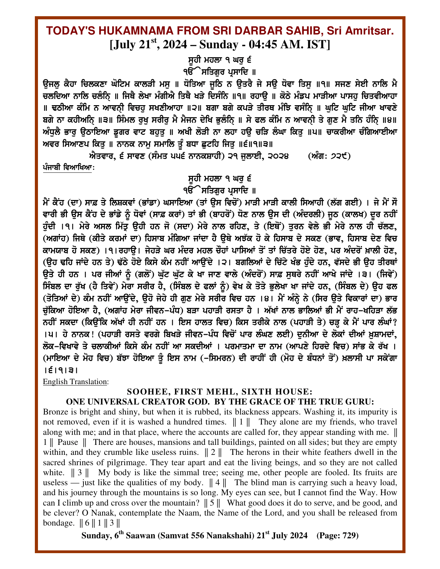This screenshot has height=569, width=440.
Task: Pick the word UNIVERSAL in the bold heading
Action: [115, 402]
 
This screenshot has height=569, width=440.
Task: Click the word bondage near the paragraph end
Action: [58, 523]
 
